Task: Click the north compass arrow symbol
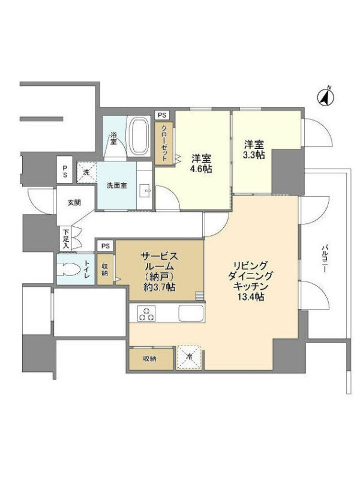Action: coord(325,96)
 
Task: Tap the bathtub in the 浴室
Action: coord(139,137)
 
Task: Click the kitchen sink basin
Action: coord(191,313)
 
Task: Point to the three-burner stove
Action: coord(146,313)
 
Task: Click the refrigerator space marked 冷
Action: coord(188,357)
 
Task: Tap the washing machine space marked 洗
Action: coord(86,172)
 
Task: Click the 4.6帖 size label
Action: coord(201,169)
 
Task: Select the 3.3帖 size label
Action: coord(253,155)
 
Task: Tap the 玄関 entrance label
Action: coord(74,202)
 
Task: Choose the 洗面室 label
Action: coord(116,185)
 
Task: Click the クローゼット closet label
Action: coord(164,143)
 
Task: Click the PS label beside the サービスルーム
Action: coord(106,246)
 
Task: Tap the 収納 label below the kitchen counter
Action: coord(149,359)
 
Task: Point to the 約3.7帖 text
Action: coord(160,287)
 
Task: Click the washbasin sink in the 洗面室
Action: coord(145,191)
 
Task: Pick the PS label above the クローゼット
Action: coord(162,115)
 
